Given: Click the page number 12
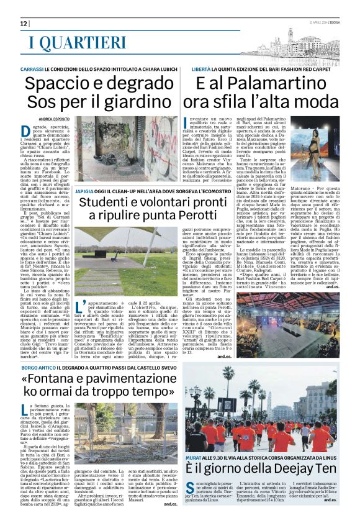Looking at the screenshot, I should click(x=24, y=24).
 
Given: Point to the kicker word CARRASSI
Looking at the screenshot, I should click(x=32, y=70).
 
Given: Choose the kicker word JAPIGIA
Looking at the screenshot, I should click(x=86, y=191).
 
